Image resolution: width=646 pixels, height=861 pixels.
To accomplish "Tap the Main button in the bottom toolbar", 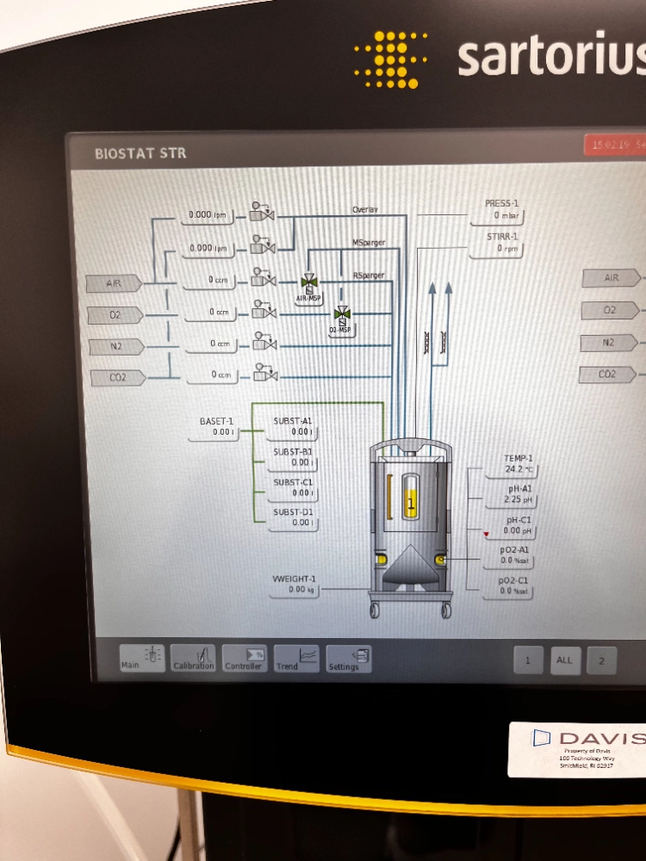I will click(141, 658).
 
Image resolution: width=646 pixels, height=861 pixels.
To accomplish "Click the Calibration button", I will click(193, 658).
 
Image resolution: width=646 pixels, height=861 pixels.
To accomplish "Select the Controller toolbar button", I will click(244, 658).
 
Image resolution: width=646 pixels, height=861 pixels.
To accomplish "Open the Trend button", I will click(296, 658).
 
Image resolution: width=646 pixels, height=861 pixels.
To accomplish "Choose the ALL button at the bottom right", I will click(564, 660).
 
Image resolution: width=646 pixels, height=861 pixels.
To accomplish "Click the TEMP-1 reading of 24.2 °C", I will click(519, 470).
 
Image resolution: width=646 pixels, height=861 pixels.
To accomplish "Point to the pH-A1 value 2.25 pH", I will click(519, 499).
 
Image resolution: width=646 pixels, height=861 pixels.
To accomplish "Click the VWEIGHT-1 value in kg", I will click(296, 590).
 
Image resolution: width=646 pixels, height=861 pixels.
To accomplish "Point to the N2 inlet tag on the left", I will click(115, 346).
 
